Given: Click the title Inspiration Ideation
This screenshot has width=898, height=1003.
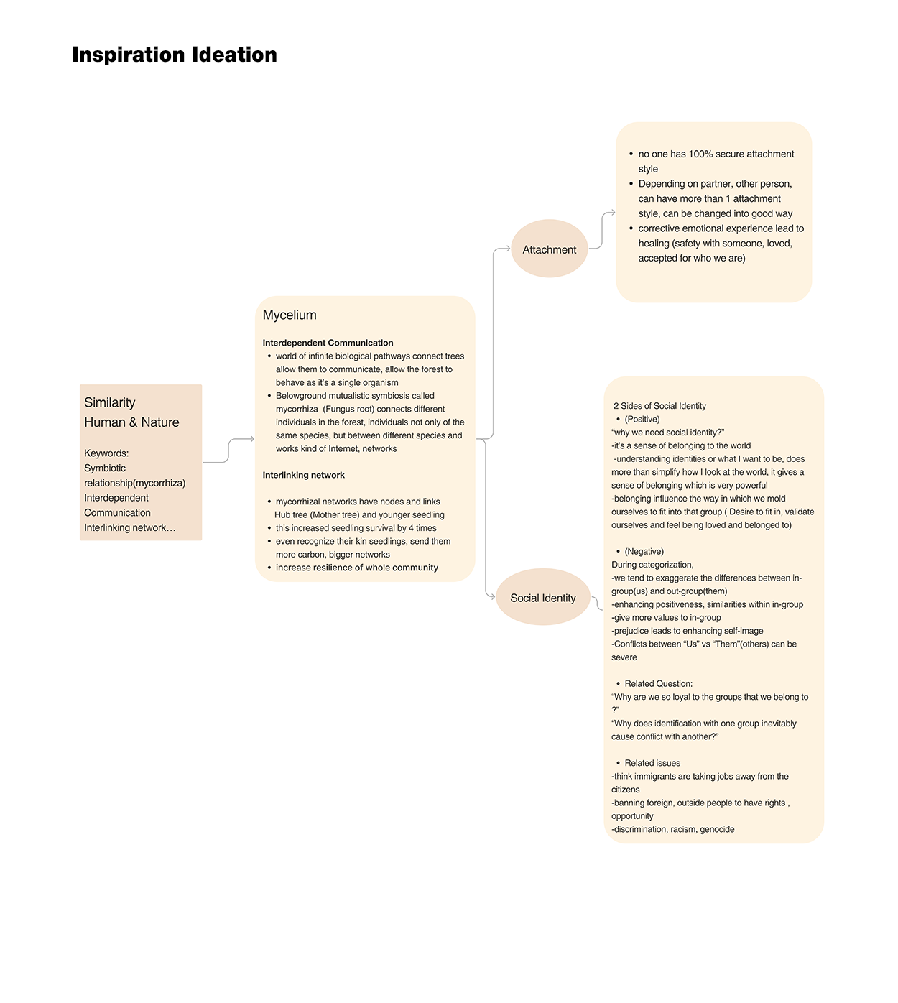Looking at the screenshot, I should [x=175, y=55].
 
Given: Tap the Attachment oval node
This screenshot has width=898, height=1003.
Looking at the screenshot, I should [x=550, y=249].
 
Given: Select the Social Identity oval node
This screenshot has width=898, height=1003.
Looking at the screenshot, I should [x=543, y=598].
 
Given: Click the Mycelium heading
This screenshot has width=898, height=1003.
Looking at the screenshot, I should [x=290, y=315].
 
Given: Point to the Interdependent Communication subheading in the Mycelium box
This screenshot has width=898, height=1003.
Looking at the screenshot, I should [x=328, y=343].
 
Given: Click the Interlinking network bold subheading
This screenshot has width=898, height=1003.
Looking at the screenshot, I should [x=303, y=475].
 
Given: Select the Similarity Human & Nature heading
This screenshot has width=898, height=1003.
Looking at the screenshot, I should [x=131, y=412].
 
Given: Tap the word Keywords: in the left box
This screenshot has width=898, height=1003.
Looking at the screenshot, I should [x=106, y=453].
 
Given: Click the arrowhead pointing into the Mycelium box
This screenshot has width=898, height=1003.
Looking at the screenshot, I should [x=251, y=439].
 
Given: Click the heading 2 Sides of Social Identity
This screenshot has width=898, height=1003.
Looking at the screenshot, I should [x=659, y=406].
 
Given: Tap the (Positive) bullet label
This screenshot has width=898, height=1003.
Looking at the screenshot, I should [x=642, y=419].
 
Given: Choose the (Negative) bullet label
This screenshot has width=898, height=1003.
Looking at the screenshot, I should [x=644, y=551].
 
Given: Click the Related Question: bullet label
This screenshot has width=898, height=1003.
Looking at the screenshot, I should [x=658, y=683].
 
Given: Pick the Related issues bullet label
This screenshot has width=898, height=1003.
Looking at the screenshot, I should [x=652, y=763].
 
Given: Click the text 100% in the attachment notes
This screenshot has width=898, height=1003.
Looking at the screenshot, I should [x=700, y=154].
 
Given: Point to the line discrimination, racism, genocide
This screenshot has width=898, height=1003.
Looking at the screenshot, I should [x=673, y=829].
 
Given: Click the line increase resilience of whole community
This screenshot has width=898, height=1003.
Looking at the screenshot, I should [x=356, y=568].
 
